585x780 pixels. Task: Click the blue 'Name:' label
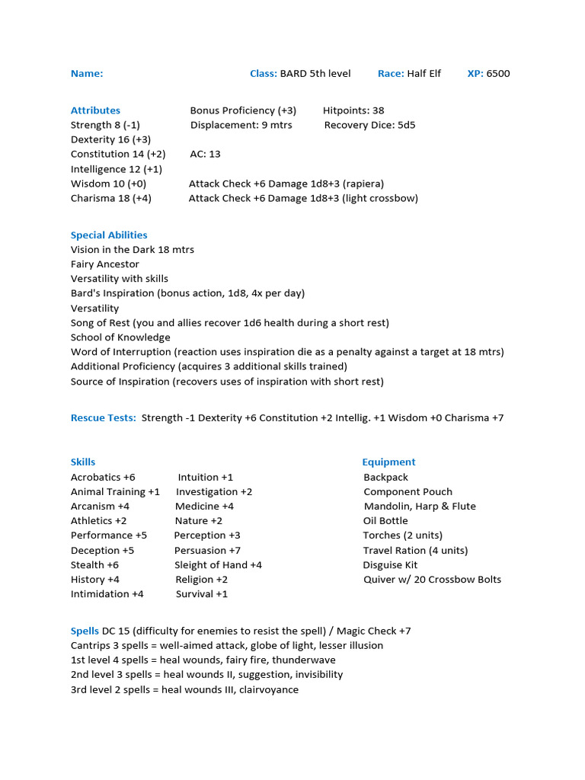pyautogui.click(x=87, y=74)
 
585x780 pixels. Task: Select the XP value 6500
pyautogui.click(x=498, y=74)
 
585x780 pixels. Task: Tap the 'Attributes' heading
pyautogui.click(x=95, y=110)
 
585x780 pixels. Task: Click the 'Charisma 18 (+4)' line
pyautogui.click(x=110, y=199)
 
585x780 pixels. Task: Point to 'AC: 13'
pyautogui.click(x=205, y=155)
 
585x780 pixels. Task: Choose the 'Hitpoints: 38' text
pyautogui.click(x=353, y=110)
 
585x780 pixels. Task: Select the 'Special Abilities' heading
pyautogui.click(x=109, y=235)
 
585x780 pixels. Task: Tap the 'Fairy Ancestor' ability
pyautogui.click(x=105, y=264)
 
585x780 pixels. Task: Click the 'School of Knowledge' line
pyautogui.click(x=120, y=337)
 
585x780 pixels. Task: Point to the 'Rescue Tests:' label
pyautogui.click(x=104, y=418)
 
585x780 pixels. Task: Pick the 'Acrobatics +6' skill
pyautogui.click(x=103, y=478)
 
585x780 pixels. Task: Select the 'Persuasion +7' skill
pyautogui.click(x=207, y=551)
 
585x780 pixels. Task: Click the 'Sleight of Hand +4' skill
pyautogui.click(x=218, y=565)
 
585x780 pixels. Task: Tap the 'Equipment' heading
pyautogui.click(x=388, y=462)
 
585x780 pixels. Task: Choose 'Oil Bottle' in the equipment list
pyautogui.click(x=385, y=521)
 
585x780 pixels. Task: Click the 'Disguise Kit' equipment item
pyautogui.click(x=390, y=565)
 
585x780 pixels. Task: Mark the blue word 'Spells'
pyautogui.click(x=85, y=631)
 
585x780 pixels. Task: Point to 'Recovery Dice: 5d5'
pyautogui.click(x=369, y=126)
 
